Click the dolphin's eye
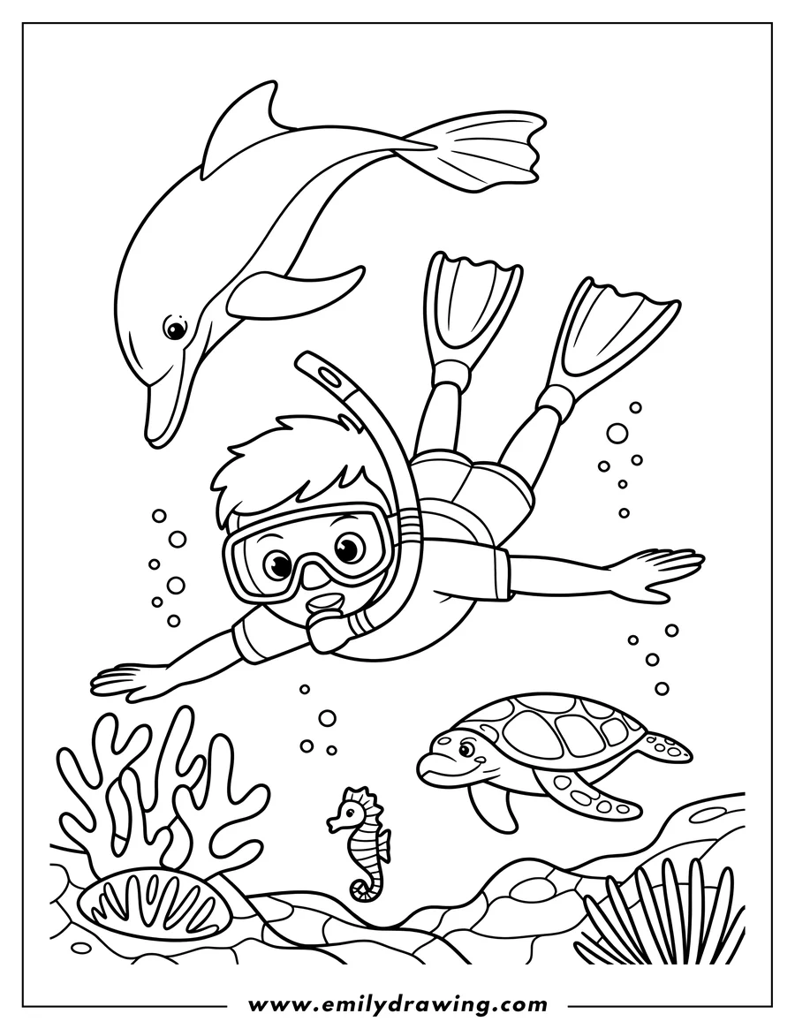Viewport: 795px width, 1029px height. point(174,329)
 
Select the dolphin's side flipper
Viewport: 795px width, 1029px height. point(295,289)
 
